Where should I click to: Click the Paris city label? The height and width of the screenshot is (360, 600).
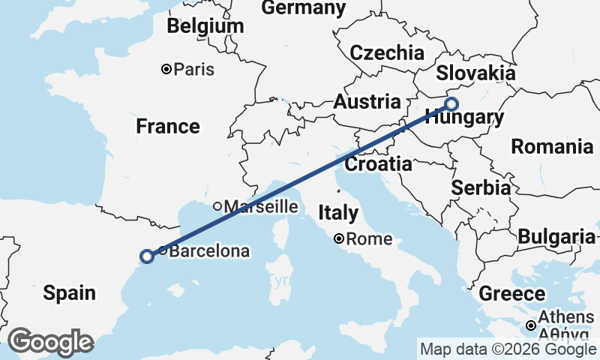click(x=193, y=70)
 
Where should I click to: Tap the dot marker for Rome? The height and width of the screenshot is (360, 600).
click(x=340, y=239)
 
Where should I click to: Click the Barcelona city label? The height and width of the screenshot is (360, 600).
click(x=209, y=251)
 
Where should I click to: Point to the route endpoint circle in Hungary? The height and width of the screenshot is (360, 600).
click(x=451, y=104)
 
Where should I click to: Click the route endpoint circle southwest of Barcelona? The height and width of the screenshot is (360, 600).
click(x=147, y=256)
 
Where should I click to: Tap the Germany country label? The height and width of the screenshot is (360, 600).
click(x=304, y=8)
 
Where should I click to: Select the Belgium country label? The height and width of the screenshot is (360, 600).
click(x=205, y=26)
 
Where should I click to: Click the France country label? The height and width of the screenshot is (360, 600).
click(x=168, y=127)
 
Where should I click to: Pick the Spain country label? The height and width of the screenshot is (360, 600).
click(x=69, y=293)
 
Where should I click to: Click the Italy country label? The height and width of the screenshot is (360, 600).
click(x=337, y=213)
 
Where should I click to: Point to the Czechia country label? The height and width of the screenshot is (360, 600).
click(x=387, y=52)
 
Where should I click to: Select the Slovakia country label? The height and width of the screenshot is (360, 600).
click(x=475, y=73)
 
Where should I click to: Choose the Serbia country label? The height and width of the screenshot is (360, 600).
click(x=481, y=187)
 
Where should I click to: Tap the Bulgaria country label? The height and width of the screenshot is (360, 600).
click(x=556, y=237)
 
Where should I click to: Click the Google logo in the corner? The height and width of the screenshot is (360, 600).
click(x=50, y=342)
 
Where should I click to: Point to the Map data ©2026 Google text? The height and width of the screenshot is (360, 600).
click(x=508, y=349)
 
